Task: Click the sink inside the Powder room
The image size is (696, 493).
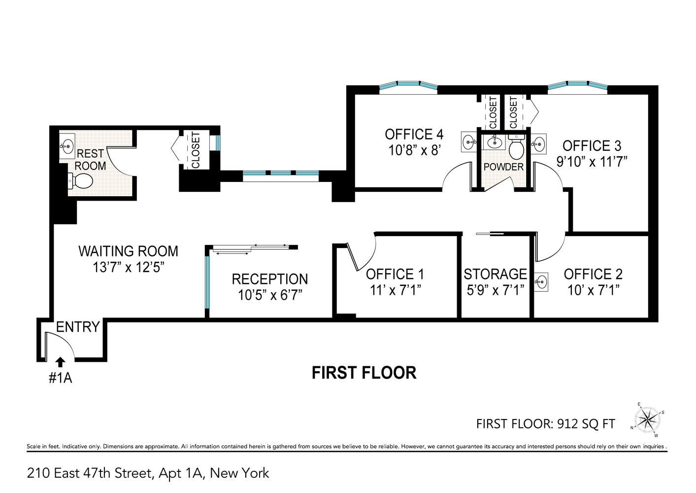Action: (x=493, y=143)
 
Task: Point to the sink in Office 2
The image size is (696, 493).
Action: (x=541, y=282)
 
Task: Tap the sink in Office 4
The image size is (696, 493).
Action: (x=468, y=142)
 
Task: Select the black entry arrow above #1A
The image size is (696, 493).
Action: (x=60, y=362)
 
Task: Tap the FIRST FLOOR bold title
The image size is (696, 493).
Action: (x=364, y=373)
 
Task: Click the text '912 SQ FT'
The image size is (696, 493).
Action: (x=587, y=423)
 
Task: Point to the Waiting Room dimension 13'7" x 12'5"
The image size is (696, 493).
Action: (x=128, y=267)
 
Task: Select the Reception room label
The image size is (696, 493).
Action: (x=269, y=279)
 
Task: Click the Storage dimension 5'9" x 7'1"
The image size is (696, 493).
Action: (x=495, y=290)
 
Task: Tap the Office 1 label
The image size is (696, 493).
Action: (x=395, y=274)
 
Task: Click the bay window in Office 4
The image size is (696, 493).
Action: (x=408, y=86)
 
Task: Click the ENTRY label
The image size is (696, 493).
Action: (x=78, y=327)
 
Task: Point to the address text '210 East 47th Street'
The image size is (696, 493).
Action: (x=89, y=473)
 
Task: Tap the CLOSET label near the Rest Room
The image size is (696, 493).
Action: (x=196, y=150)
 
